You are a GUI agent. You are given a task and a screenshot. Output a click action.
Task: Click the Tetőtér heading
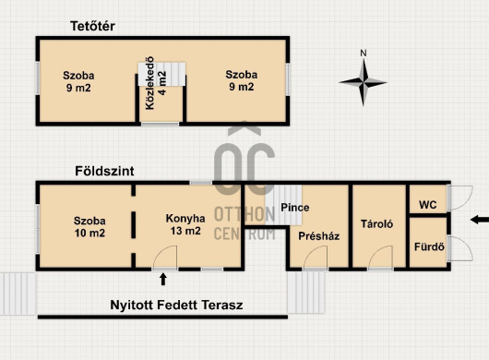click(x=92, y=26)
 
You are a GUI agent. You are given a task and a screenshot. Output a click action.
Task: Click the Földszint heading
click(x=104, y=171)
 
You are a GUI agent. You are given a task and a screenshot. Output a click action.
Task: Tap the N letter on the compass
click(x=364, y=54)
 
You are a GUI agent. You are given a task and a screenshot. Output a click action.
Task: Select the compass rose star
click(x=363, y=83)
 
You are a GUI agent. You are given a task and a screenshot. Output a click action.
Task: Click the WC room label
click(x=428, y=205)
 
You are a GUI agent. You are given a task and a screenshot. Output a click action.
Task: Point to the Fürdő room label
click(x=429, y=247)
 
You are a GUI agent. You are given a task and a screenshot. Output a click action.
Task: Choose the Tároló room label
click(x=376, y=224)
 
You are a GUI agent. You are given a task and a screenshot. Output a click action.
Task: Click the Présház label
click(x=318, y=236)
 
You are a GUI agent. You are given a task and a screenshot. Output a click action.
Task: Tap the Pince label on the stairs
click(x=295, y=208)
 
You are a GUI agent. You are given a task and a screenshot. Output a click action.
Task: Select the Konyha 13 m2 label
click(x=185, y=224)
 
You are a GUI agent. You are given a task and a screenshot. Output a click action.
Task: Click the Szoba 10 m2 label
click(x=89, y=227)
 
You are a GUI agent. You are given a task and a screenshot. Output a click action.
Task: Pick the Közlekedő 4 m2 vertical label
click(x=156, y=83)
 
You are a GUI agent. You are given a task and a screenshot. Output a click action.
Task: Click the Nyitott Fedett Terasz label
click(x=176, y=305)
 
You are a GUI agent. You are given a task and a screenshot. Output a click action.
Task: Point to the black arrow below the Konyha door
click(x=163, y=279)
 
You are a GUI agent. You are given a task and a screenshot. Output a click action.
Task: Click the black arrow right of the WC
click(x=480, y=220)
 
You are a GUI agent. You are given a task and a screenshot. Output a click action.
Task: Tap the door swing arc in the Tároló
click(x=376, y=250)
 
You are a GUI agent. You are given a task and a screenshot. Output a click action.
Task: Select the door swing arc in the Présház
click(x=310, y=250)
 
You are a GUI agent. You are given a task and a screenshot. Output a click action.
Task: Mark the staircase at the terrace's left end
click(x=18, y=294)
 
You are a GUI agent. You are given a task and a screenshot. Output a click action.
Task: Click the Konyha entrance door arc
click(x=159, y=250)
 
